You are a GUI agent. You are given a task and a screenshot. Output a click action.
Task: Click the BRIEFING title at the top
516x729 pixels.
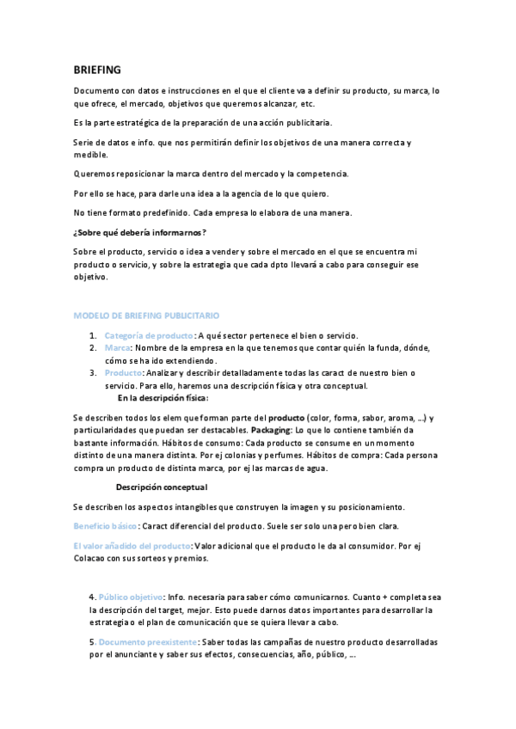[97, 69]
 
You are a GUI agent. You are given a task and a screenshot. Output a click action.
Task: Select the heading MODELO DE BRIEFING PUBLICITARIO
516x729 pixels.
[146, 316]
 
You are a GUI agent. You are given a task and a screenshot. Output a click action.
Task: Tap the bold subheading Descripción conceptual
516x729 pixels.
[161, 487]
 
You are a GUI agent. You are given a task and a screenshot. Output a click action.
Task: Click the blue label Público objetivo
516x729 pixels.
[131, 597]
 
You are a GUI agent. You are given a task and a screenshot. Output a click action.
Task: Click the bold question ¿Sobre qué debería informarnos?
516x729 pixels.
[139, 233]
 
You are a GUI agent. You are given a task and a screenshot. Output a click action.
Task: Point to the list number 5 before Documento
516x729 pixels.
[92, 641]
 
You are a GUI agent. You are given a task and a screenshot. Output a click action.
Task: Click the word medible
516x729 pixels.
[90, 155]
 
